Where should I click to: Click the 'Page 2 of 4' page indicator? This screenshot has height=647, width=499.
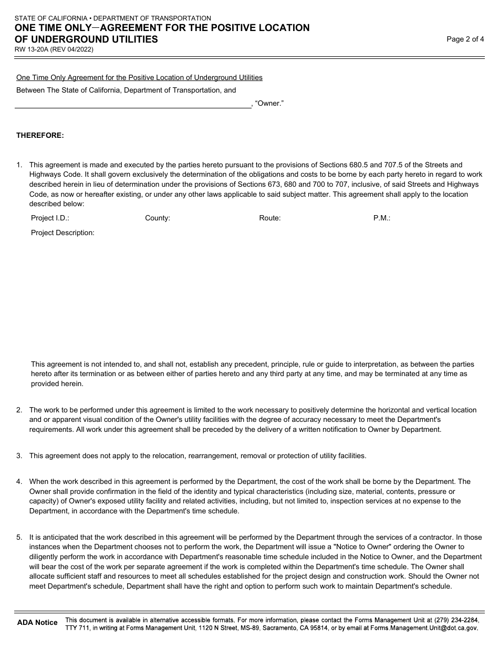[x=465, y=39]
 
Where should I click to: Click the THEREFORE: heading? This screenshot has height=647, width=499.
[x=40, y=135]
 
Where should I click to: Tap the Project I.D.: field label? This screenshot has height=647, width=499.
[x=50, y=218]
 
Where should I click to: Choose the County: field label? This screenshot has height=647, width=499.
[x=157, y=218]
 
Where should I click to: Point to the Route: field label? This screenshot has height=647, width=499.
[x=269, y=218]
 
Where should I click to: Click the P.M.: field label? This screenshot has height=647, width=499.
[x=381, y=218]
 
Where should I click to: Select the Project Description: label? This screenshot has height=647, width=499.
[x=63, y=232]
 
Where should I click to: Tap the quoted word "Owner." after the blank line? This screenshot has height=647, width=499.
[x=269, y=104]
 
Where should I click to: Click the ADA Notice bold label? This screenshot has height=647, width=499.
[x=37, y=622]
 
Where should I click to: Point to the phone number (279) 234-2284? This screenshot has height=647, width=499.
[x=456, y=620]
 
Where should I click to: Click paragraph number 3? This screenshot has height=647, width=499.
[x=19, y=456]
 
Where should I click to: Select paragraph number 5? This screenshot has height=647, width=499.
[x=19, y=537]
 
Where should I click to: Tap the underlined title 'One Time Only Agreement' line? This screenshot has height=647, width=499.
[x=139, y=77]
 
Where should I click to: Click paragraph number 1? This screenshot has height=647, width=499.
[x=19, y=165]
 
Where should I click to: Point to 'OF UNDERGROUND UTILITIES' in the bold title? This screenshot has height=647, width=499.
[x=87, y=39]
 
